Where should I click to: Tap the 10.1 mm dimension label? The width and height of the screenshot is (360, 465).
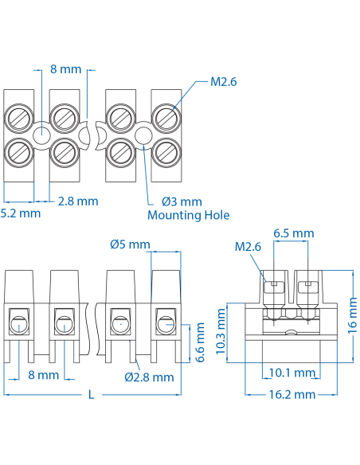click(290, 372)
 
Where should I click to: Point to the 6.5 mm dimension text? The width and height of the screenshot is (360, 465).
click(293, 233)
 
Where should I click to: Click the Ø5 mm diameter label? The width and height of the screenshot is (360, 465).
click(130, 244)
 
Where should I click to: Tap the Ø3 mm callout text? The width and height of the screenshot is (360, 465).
click(182, 201)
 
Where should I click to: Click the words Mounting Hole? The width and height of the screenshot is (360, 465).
click(189, 215)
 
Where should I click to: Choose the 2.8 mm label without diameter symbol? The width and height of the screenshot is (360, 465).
click(78, 201)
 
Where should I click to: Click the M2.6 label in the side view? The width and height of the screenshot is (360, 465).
click(248, 247)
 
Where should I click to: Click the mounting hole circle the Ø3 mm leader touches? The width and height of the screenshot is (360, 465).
click(142, 137)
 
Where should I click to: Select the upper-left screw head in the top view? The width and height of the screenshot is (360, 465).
click(19, 121)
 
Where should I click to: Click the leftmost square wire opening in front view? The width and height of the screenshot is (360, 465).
click(19, 323)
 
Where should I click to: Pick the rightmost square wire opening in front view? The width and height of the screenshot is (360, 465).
click(165, 323)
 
